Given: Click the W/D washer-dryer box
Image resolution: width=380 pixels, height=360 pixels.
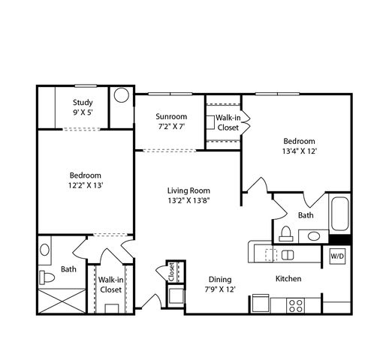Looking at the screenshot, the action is pyautogui.click(x=337, y=256).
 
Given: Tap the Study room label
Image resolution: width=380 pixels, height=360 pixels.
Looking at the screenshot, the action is pyautogui.click(x=83, y=102).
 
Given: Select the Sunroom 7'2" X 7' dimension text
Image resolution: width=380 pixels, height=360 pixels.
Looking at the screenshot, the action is pyautogui.click(x=171, y=127).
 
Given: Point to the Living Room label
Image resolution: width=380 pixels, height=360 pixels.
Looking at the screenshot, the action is pyautogui.click(x=188, y=190).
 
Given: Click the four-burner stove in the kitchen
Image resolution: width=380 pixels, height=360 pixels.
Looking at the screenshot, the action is pyautogui.click(x=296, y=305).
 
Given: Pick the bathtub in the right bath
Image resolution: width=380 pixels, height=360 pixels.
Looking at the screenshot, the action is pyautogui.click(x=340, y=214).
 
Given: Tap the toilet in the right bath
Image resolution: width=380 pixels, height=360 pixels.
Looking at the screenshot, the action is pyautogui.click(x=286, y=234).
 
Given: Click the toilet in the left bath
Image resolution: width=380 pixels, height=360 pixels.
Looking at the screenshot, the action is pyautogui.click(x=47, y=277).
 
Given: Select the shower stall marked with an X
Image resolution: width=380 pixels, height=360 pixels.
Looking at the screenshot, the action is pyautogui.click(x=62, y=301).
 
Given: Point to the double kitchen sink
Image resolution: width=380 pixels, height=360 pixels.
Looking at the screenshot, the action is pyautogui.click(x=288, y=255).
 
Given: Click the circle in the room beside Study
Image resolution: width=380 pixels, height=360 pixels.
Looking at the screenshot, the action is pyautogui.click(x=122, y=95).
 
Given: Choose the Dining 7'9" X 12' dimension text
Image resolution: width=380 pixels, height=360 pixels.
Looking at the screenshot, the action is pyautogui.click(x=220, y=289).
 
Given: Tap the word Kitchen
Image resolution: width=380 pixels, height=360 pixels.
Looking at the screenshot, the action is pyautogui.click(x=288, y=278).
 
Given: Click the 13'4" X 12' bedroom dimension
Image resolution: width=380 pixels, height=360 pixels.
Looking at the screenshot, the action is pyautogui.click(x=300, y=151).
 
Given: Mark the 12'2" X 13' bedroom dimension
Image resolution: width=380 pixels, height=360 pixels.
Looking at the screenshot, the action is pyautogui.click(x=86, y=185).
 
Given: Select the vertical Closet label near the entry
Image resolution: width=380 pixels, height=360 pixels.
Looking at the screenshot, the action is pyautogui.click(x=171, y=272).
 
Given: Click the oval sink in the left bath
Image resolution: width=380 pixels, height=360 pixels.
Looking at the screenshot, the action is pyautogui.click(x=44, y=250).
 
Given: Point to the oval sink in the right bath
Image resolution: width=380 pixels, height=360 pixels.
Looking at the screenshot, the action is pyautogui.click(x=314, y=236).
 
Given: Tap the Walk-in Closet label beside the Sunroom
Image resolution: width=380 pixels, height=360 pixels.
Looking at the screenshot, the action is pyautogui.click(x=228, y=122).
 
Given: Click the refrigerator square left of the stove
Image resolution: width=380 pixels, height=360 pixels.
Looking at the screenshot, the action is pyautogui.click(x=261, y=303).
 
